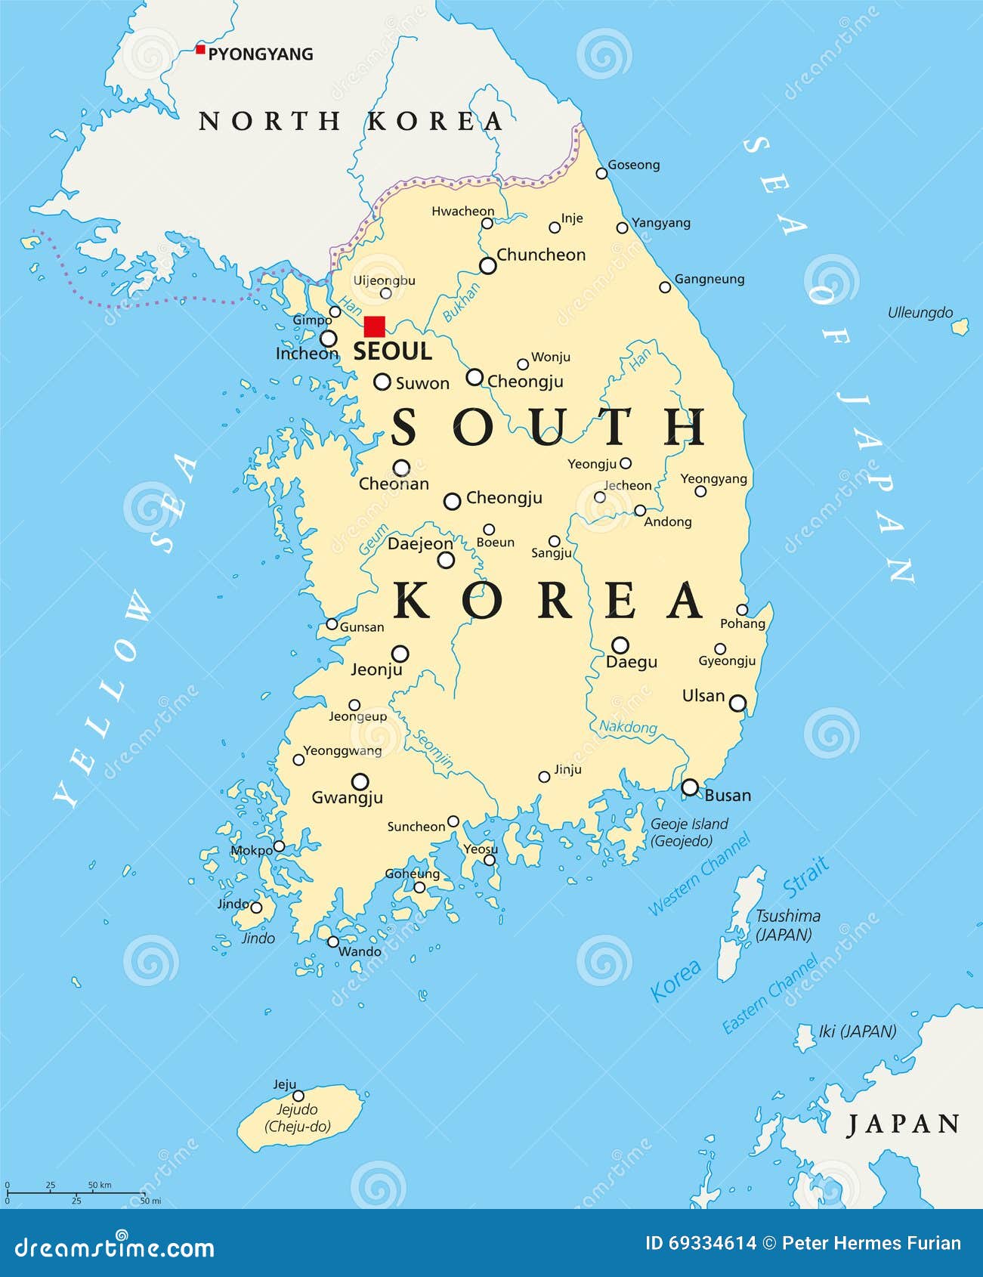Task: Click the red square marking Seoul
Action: tap(374, 326)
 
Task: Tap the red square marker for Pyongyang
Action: tap(200, 50)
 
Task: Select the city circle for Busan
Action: tap(690, 787)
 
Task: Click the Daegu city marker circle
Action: tap(620, 645)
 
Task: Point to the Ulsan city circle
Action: tap(737, 703)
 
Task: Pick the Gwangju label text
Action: tap(347, 797)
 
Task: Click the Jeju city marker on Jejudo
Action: tap(298, 1096)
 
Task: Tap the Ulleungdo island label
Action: tap(920, 313)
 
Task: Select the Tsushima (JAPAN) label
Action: tap(787, 925)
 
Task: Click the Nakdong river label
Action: tap(628, 727)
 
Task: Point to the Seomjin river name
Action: tap(433, 748)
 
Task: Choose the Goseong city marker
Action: tap(601, 173)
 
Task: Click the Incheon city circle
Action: tap(329, 338)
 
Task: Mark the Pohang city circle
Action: tap(742, 610)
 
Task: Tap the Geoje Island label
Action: tap(688, 832)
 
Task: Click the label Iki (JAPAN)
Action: tap(857, 1031)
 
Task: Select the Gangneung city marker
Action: tap(665, 287)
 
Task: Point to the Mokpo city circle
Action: tap(279, 846)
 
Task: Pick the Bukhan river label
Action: tap(461, 302)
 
